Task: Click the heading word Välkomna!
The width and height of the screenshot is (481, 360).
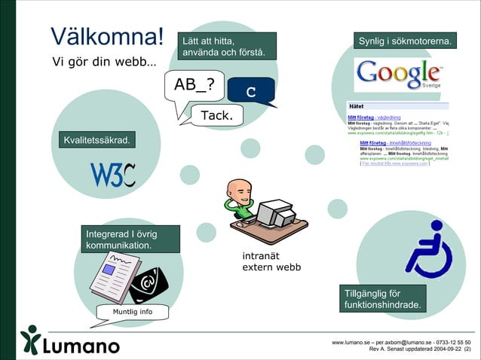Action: click(x=106, y=35)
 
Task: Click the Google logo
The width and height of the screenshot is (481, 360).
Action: click(x=398, y=74)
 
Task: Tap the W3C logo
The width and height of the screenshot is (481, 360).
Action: click(x=113, y=175)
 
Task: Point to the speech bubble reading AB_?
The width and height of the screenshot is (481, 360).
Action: click(x=194, y=87)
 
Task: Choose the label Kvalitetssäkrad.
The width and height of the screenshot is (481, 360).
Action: click(x=97, y=141)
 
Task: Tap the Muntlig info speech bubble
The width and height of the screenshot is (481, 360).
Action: click(x=132, y=312)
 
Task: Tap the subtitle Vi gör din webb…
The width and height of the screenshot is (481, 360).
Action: click(x=104, y=61)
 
